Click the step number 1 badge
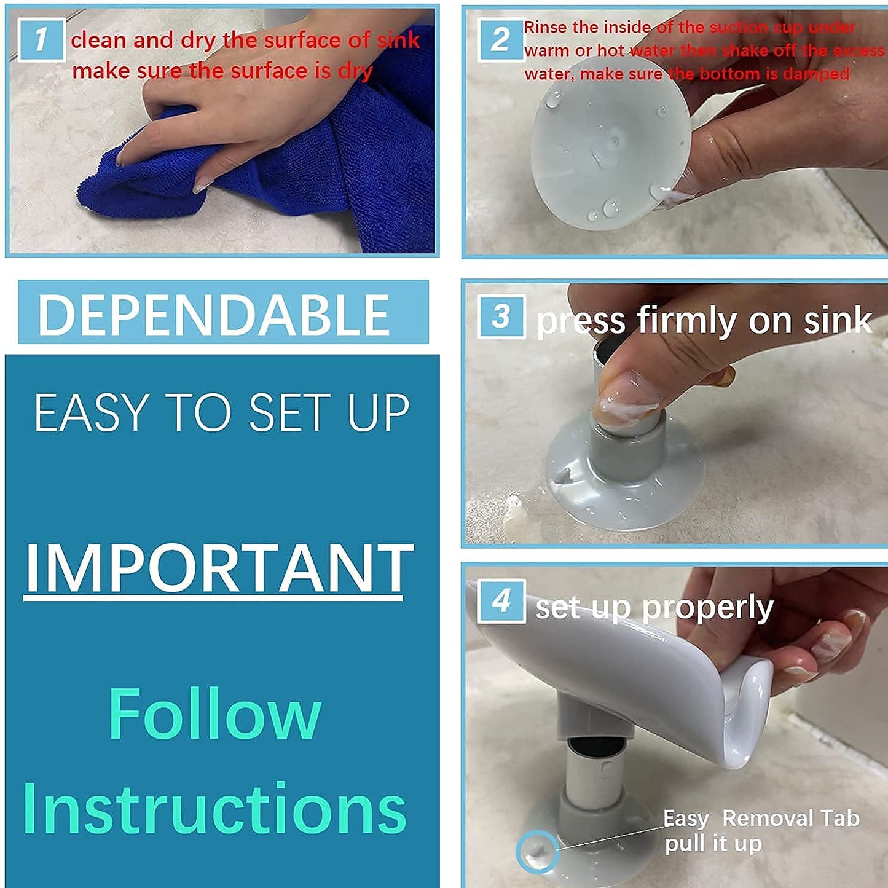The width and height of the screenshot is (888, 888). point(41,40)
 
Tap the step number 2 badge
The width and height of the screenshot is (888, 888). point(500,40)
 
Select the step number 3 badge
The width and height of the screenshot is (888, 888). point(501,316)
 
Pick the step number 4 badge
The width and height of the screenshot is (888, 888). point(501,601)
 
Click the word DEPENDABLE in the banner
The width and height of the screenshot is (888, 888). point(214,314)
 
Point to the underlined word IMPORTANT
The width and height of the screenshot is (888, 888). point(218,568)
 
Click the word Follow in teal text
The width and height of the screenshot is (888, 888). point(215,714)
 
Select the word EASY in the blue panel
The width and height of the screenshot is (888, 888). point(91,413)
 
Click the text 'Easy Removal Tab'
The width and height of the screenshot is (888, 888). point(761,819)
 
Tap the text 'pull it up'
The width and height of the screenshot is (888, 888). point(713,844)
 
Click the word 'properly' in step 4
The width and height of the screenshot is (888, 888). point(707,608)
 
